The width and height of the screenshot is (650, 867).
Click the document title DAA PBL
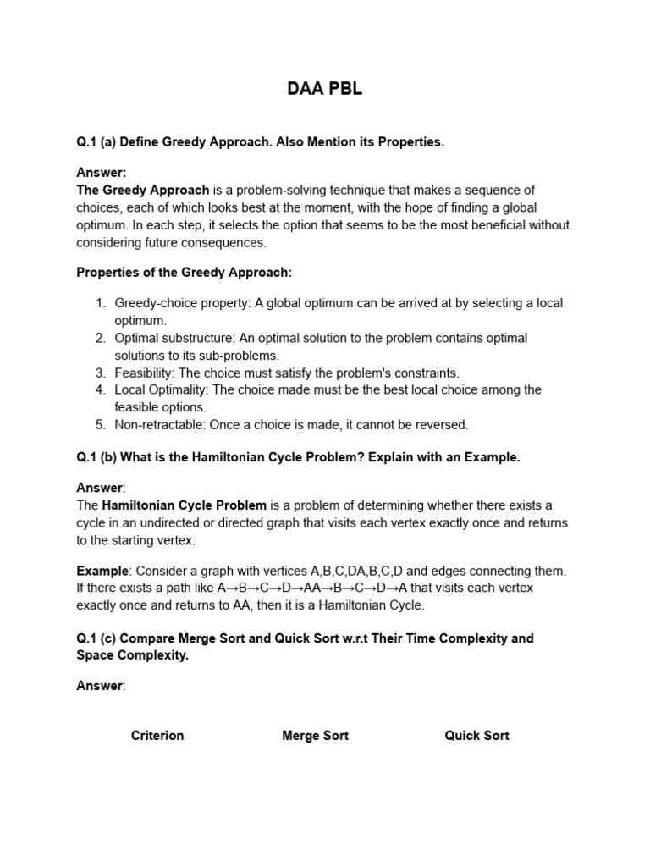pos(324,89)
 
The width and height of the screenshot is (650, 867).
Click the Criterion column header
pos(157,735)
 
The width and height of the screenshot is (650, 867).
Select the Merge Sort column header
pos(315,735)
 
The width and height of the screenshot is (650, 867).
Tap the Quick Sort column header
pos(476,735)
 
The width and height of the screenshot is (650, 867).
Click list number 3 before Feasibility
pos(100,373)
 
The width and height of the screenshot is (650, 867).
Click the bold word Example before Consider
pos(102,571)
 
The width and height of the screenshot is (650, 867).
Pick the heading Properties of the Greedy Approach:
pos(185,273)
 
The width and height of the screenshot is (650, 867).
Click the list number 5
pos(100,424)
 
